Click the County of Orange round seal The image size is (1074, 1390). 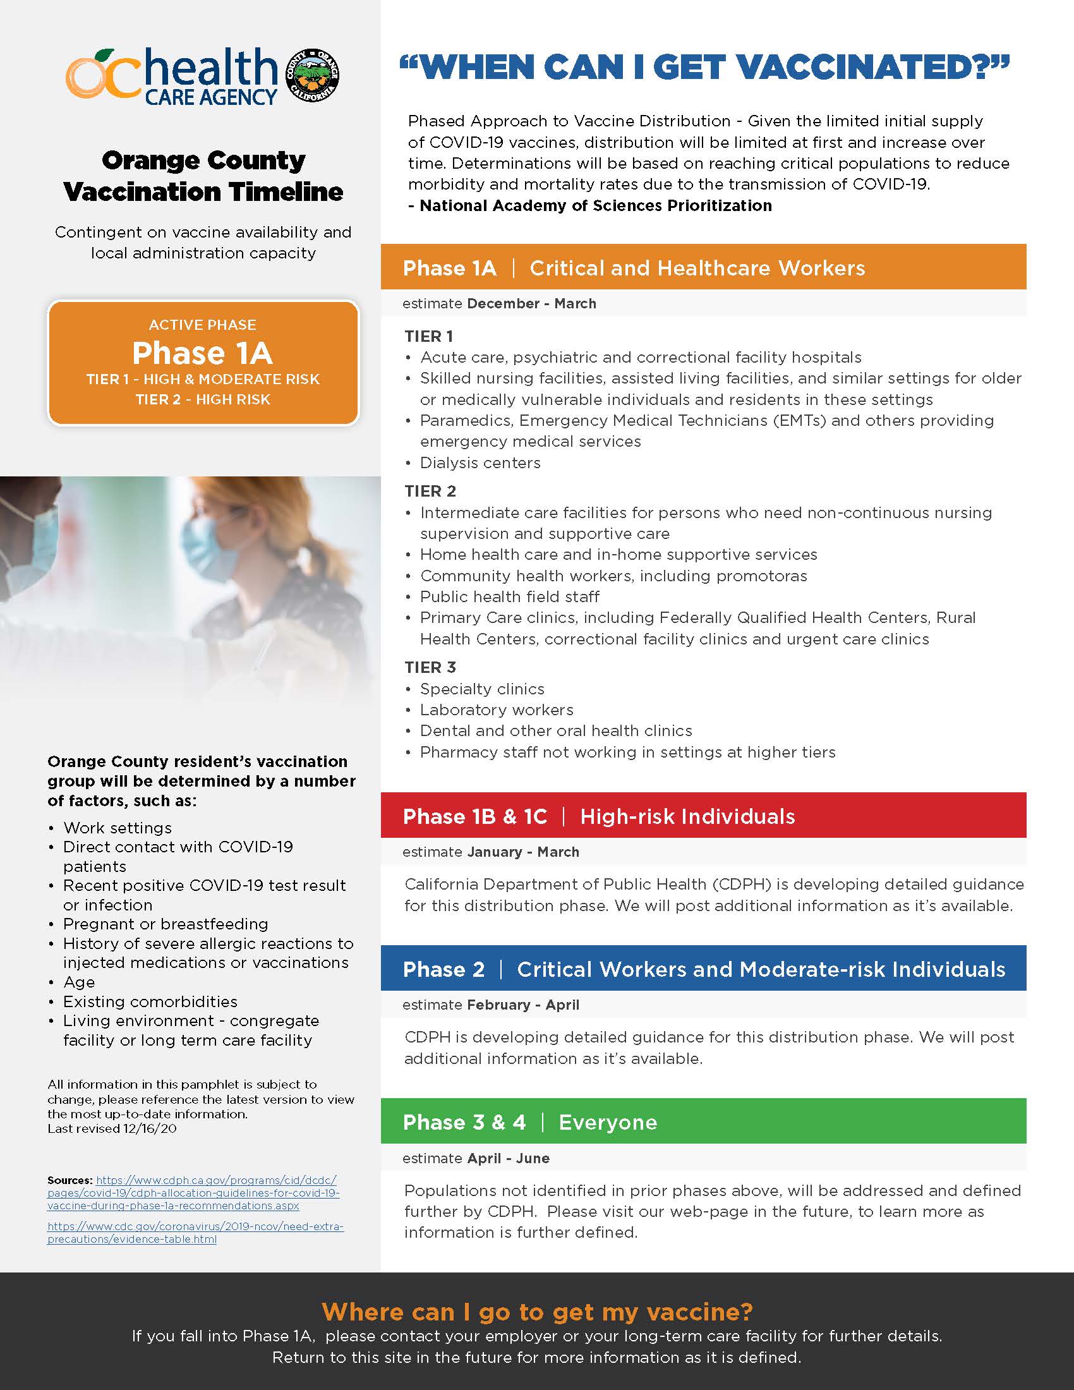(x=311, y=76)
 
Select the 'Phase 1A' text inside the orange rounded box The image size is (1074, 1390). (x=202, y=353)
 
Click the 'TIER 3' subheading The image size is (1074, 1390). (x=430, y=667)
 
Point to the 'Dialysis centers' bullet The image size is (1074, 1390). (x=480, y=462)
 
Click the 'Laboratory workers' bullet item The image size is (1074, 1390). (x=497, y=710)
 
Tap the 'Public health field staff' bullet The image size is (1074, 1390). (x=509, y=596)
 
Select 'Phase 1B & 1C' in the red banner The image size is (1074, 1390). (x=474, y=816)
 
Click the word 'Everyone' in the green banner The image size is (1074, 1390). (x=608, y=1122)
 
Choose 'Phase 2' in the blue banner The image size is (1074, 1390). (x=443, y=969)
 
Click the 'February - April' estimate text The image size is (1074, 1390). (x=523, y=1005)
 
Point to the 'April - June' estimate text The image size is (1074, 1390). (x=509, y=1158)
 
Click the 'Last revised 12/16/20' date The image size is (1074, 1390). (x=112, y=1128)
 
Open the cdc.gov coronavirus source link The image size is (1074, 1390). (x=195, y=1232)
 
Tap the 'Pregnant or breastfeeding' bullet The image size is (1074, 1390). (x=166, y=924)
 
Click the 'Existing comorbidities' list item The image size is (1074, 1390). (x=150, y=1001)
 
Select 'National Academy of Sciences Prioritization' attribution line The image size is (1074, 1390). (x=595, y=205)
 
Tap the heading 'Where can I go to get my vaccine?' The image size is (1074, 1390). (x=537, y=1312)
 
